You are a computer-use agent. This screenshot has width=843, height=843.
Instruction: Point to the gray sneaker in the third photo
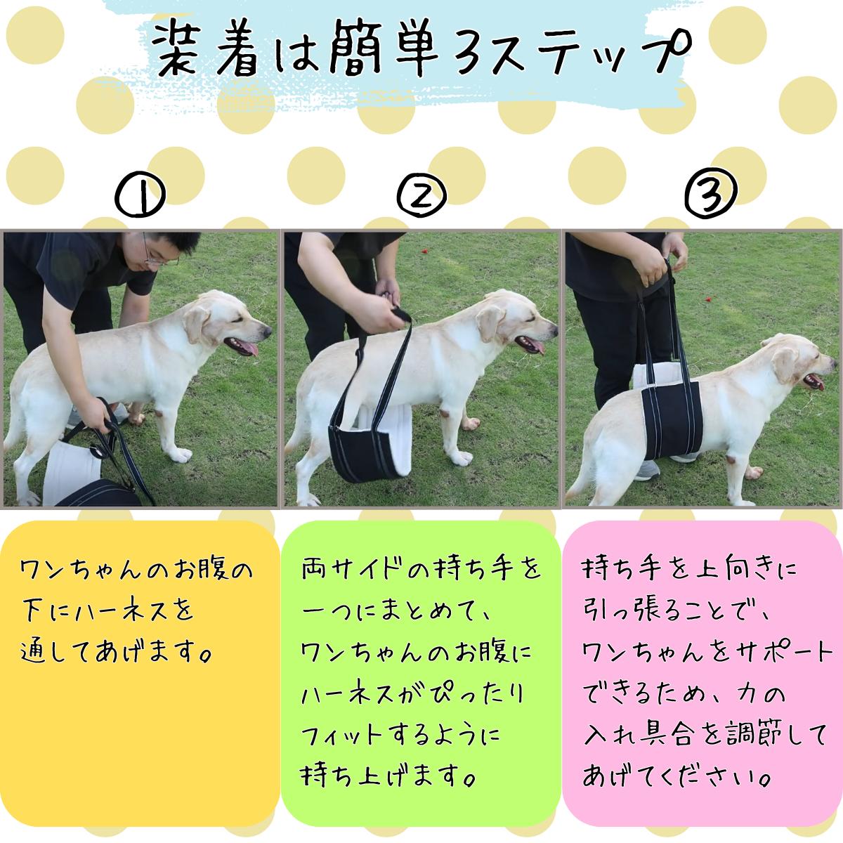click(646, 470)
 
